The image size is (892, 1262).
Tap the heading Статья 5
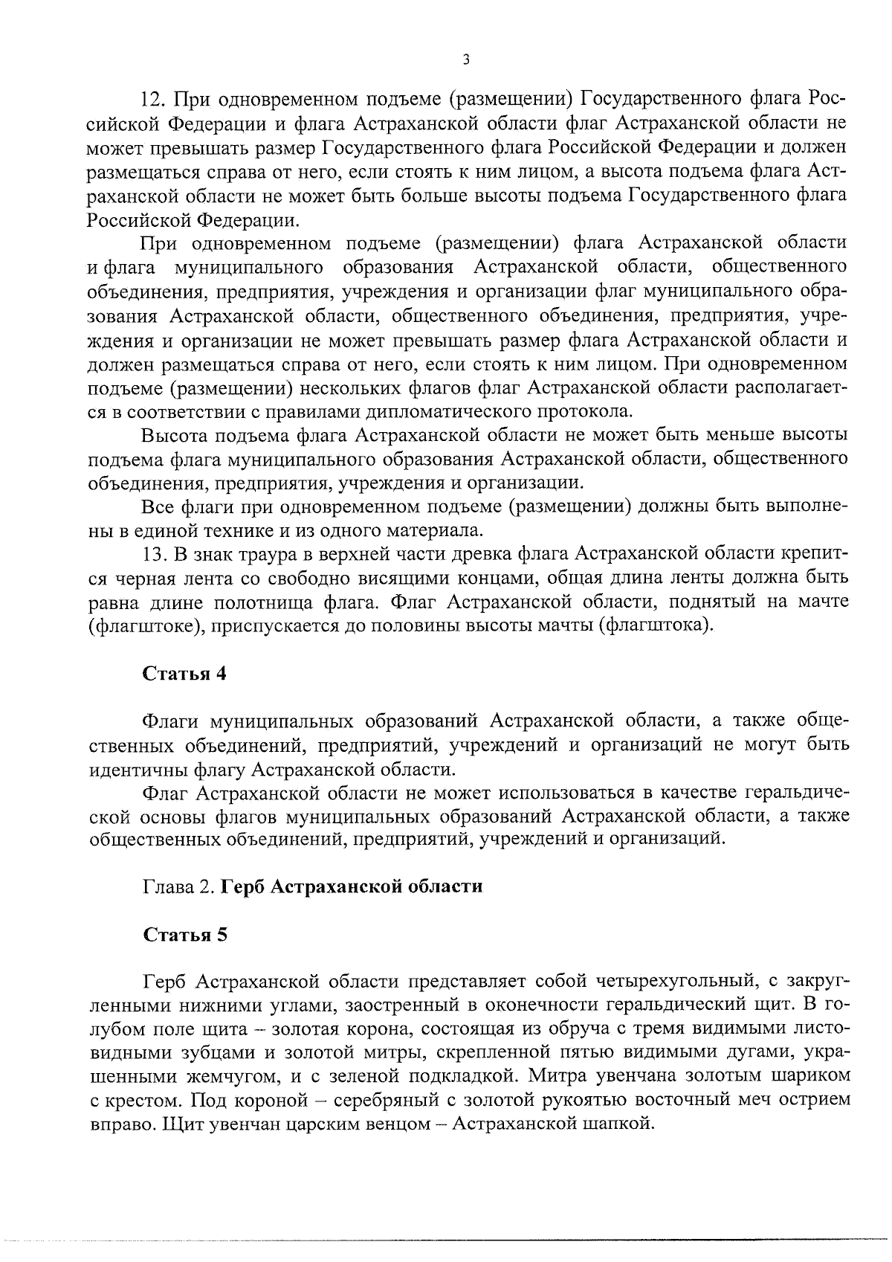click(184, 935)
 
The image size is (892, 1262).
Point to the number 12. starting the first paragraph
click(157, 99)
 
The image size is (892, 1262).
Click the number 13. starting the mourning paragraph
click(157, 553)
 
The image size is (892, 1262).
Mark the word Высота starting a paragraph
click(175, 435)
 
